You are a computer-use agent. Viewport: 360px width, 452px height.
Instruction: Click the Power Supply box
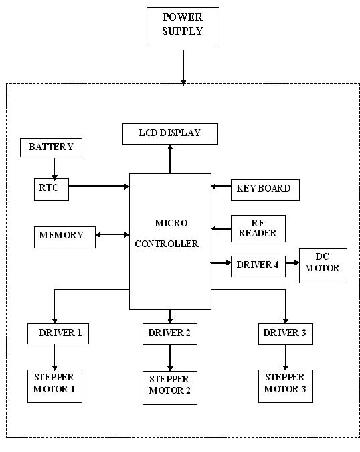coord(183,27)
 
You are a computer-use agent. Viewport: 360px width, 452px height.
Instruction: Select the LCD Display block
coord(170,133)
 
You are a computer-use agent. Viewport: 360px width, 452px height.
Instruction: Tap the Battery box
coord(52,147)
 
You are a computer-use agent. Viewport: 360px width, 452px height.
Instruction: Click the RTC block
coord(51,188)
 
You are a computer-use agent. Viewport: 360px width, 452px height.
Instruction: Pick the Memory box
coord(61,236)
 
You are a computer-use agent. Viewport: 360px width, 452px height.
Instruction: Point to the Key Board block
coord(264,189)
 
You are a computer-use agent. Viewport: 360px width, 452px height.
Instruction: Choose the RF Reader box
coord(258,228)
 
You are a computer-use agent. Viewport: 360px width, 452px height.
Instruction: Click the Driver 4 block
coord(258,265)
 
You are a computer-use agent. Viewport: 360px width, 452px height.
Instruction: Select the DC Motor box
coord(323,265)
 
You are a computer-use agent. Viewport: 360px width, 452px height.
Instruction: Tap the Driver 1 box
coord(58,333)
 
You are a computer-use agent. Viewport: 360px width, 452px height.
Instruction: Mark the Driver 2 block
coord(169,333)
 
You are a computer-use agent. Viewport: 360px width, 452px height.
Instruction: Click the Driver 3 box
coord(286,333)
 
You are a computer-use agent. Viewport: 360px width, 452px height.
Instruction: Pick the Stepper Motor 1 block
coord(54,386)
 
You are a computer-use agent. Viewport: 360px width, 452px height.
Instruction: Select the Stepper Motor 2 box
coord(170,388)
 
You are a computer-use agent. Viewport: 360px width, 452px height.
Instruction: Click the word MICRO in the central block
coord(171,223)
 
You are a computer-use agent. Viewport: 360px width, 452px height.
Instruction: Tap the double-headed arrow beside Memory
coord(112,235)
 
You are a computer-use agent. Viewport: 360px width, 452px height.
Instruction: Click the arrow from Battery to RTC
coord(54,167)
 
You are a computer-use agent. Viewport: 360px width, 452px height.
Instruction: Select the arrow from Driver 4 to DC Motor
coord(292,263)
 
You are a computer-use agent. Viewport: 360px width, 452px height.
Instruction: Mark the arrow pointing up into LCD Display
coord(170,159)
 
